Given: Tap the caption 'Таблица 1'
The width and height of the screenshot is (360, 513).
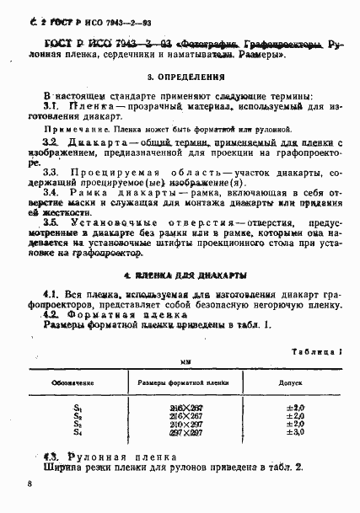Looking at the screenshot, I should click(x=316, y=350).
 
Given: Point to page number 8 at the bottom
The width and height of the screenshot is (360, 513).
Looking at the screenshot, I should click(x=30, y=484).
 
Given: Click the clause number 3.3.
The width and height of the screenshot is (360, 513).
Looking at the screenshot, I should click(x=51, y=171).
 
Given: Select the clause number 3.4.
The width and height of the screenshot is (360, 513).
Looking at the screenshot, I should click(x=51, y=193).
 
